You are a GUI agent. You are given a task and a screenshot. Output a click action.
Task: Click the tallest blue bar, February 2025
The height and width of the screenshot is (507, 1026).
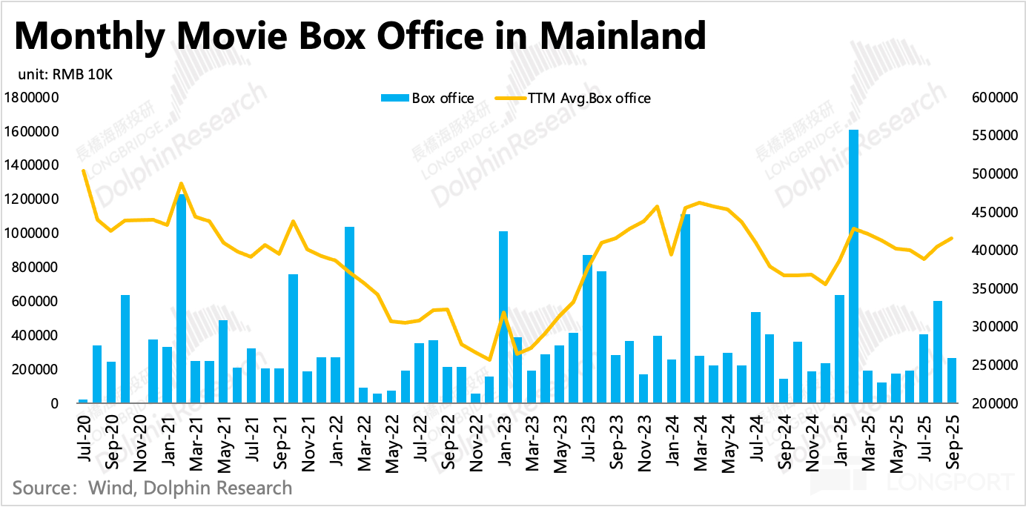(x=853, y=267)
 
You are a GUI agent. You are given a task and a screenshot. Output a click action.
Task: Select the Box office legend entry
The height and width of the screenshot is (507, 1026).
(x=427, y=98)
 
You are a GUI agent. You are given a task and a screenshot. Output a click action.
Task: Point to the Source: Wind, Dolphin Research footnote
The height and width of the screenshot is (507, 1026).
(x=152, y=488)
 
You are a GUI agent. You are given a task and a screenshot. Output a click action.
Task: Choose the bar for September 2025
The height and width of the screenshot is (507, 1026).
(x=951, y=381)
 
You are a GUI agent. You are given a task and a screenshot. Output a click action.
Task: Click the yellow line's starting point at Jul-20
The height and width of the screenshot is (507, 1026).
(x=83, y=170)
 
